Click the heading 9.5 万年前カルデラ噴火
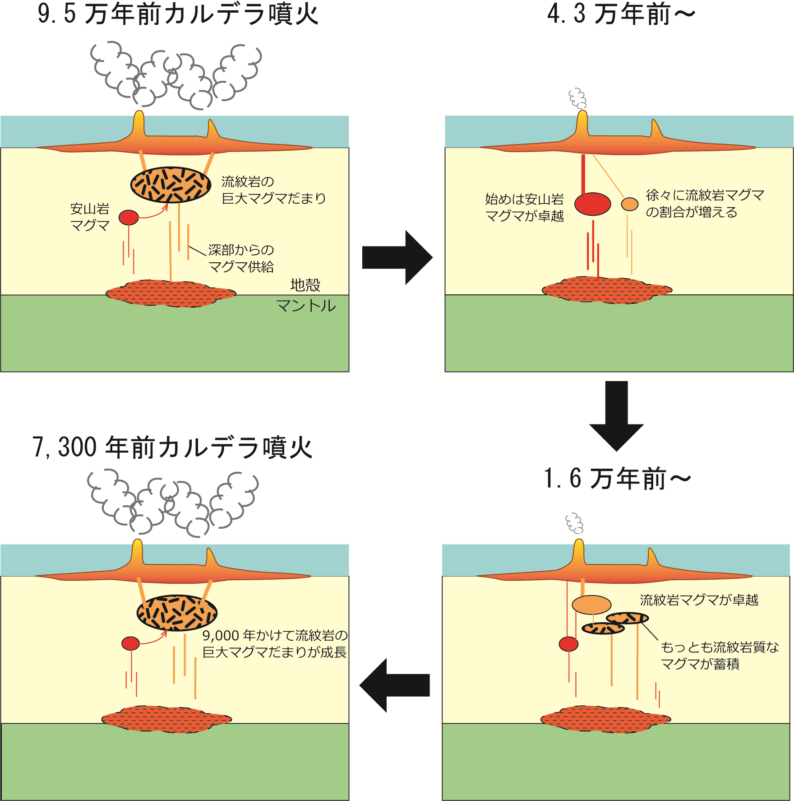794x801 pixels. (x=178, y=14)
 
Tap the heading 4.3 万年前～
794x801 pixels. (x=621, y=14)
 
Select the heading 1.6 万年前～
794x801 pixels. (x=618, y=479)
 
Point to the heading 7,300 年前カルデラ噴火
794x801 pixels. (x=172, y=447)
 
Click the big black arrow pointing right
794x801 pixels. (x=397, y=258)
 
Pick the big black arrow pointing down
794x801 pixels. (x=616, y=416)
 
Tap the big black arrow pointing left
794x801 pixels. (x=394, y=685)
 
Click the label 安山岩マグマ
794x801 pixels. (x=90, y=217)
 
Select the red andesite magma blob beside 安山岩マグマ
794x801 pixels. (x=129, y=217)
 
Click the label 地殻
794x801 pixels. (x=305, y=285)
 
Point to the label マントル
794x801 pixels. (x=306, y=306)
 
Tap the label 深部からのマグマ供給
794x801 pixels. (x=241, y=258)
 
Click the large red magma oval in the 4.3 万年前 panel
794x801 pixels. (x=593, y=204)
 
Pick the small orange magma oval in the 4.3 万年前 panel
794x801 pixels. (x=630, y=204)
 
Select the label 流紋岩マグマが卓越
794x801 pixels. (x=699, y=600)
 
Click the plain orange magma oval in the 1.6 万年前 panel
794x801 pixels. (x=592, y=605)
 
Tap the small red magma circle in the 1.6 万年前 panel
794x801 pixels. (x=568, y=644)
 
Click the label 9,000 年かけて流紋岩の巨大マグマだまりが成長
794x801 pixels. (x=275, y=643)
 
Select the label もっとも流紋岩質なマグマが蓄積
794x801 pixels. (x=720, y=655)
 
